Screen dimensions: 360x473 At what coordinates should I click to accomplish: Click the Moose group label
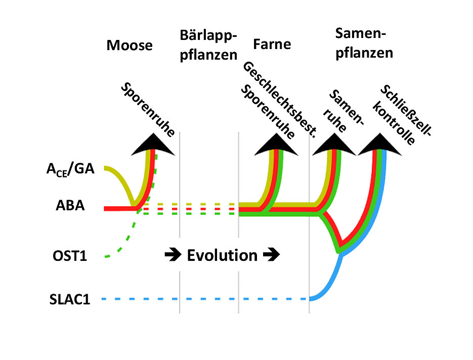coord(130,46)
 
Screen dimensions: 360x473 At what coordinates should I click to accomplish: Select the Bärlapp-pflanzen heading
coord(208,44)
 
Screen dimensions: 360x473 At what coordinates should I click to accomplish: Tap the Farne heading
coord(272,44)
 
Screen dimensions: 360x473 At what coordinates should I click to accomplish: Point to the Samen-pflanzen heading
coord(364,43)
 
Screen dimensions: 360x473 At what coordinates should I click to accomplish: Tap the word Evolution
coord(222,255)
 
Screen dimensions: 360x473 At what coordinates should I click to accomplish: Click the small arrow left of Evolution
coord(170,255)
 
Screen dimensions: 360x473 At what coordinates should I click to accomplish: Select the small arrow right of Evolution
coord(272,255)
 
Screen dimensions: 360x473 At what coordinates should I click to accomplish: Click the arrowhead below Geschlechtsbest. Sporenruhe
coord(276,145)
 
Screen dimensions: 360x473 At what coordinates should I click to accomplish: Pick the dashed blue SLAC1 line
coord(202,299)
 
